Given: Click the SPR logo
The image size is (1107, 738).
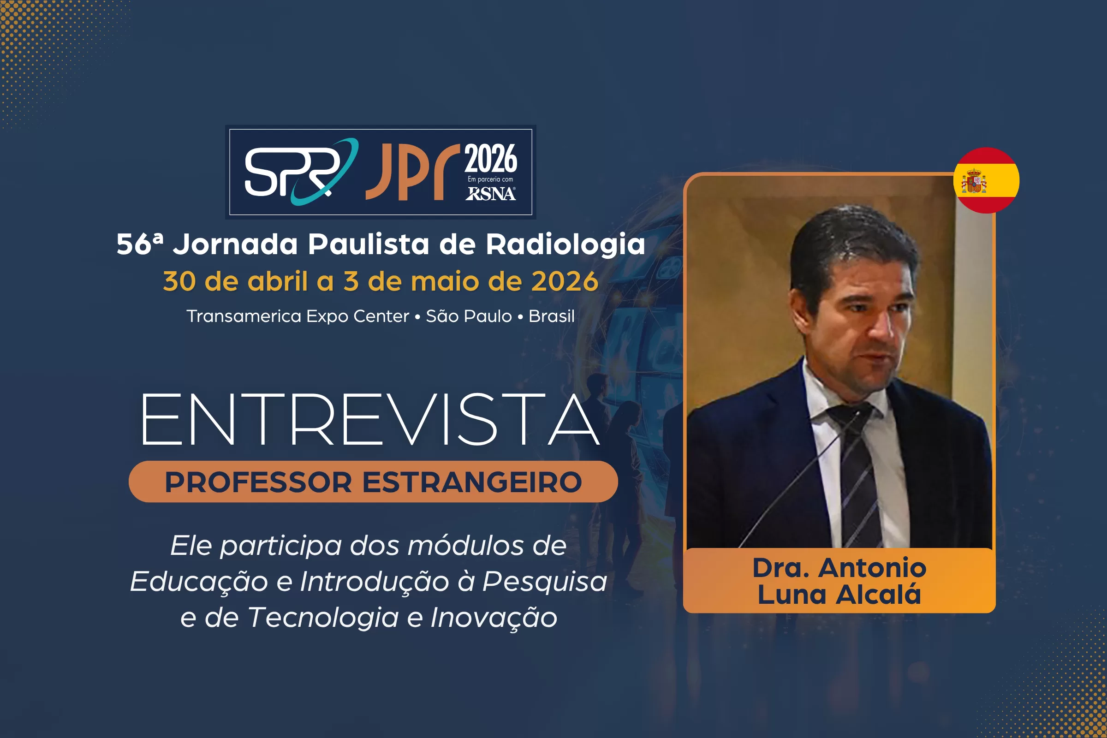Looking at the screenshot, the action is click(x=301, y=172).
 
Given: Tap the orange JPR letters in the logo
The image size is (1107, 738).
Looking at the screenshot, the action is click(x=412, y=172).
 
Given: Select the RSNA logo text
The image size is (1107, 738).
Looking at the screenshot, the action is click(x=490, y=193).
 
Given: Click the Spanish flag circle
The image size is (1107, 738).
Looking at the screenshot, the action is click(x=986, y=180).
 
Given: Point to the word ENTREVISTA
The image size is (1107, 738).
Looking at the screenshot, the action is click(x=370, y=419).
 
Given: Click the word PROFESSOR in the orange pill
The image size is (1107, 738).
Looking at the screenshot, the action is click(x=258, y=482).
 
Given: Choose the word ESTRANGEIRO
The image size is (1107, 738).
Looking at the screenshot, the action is click(x=472, y=482).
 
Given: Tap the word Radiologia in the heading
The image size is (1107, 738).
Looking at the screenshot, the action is click(x=565, y=245).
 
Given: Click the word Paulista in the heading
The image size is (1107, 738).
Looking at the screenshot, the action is click(x=369, y=244).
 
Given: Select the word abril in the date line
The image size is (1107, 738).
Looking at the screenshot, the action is click(x=278, y=281).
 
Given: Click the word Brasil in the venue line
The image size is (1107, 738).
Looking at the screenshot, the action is click(x=552, y=316).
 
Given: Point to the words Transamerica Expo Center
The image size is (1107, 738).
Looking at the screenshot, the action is click(x=298, y=317).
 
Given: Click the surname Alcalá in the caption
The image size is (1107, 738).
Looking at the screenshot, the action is click(x=878, y=595).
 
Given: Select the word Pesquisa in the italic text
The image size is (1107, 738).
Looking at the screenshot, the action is click(x=545, y=582).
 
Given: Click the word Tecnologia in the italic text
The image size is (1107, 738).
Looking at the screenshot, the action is click(x=323, y=618).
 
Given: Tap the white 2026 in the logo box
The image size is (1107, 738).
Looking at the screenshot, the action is click(x=491, y=159).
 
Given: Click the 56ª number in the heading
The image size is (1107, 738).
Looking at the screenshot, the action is click(x=140, y=244).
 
